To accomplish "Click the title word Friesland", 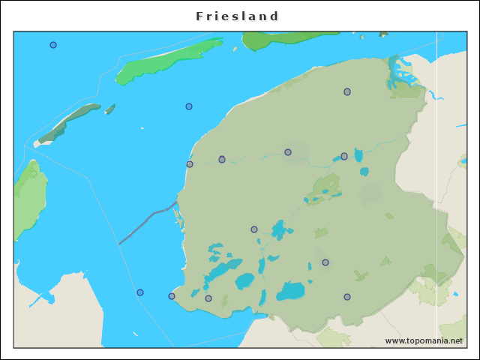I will (237, 16).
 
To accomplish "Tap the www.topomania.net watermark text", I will (424, 340).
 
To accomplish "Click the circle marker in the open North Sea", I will (53, 45).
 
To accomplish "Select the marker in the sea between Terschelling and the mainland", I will (189, 106).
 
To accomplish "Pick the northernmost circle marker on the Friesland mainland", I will (347, 91).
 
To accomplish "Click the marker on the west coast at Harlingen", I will (190, 164).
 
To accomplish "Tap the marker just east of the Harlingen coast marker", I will (222, 159).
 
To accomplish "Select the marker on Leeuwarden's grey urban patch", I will (288, 152).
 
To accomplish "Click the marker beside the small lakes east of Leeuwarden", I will (344, 156).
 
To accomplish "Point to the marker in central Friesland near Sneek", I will (254, 229).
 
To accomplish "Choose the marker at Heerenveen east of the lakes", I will (325, 262).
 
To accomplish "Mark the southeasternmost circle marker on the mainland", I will (347, 297).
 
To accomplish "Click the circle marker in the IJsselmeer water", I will (140, 292).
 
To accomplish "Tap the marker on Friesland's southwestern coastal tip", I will (172, 296).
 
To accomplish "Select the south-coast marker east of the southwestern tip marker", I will (208, 298).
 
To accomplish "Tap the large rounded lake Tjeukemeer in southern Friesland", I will (291, 291).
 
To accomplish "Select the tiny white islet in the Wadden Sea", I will (142, 128).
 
